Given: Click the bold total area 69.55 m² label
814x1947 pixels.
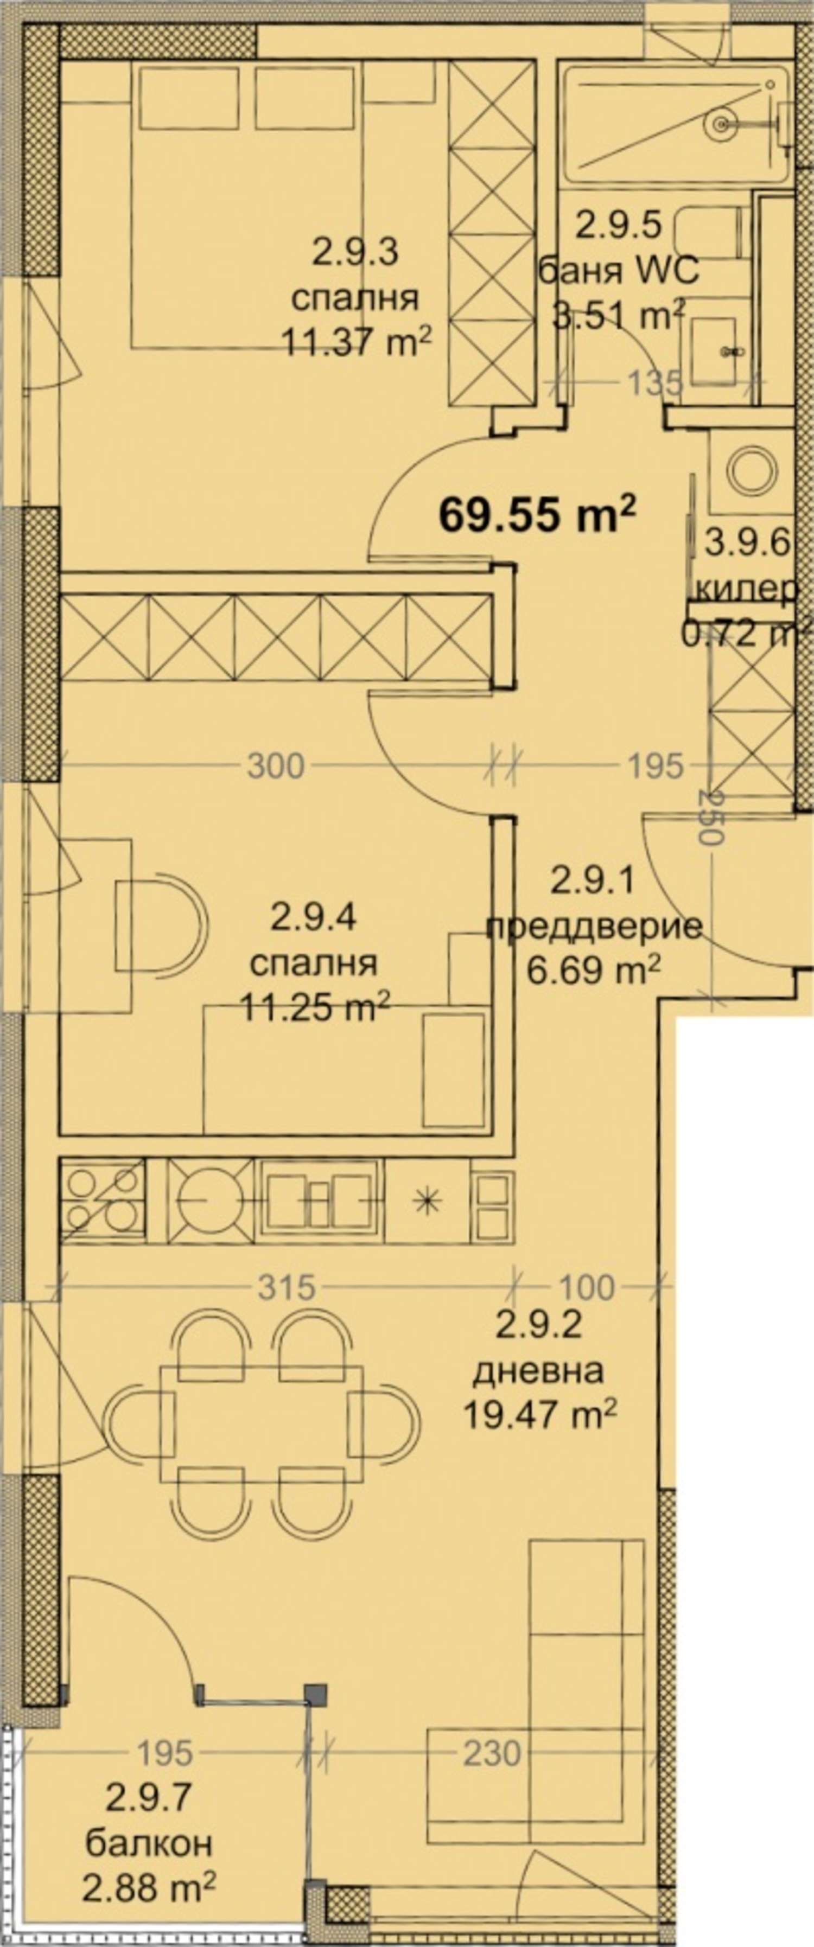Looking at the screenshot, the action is point(537,515).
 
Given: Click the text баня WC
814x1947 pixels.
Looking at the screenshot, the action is point(618,271).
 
